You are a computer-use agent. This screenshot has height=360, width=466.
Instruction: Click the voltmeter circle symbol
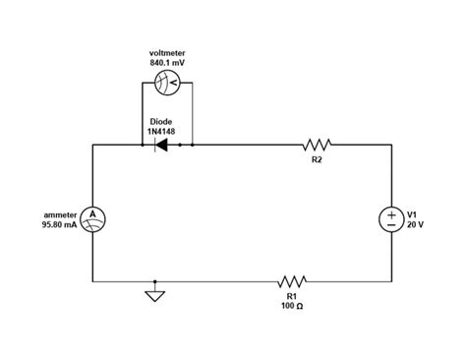click(167, 85)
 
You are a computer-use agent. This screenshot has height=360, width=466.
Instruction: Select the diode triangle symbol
click(161, 146)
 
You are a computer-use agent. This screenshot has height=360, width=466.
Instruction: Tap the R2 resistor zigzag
click(318, 145)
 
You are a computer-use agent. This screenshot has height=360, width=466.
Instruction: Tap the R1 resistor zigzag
click(293, 280)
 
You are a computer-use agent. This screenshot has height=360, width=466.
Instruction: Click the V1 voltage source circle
click(391, 218)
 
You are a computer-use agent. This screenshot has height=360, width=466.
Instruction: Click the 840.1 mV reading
click(166, 63)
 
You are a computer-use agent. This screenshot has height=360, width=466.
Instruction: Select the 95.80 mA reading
click(59, 225)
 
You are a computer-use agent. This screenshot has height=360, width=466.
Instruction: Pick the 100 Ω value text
click(293, 306)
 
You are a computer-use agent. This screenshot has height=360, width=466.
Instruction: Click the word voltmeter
click(166, 52)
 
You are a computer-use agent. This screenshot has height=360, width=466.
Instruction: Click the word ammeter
click(60, 213)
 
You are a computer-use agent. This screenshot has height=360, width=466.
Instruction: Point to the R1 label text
click(292, 295)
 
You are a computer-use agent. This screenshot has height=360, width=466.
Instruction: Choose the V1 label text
click(413, 213)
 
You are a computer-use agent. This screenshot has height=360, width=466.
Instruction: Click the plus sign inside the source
click(391, 213)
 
